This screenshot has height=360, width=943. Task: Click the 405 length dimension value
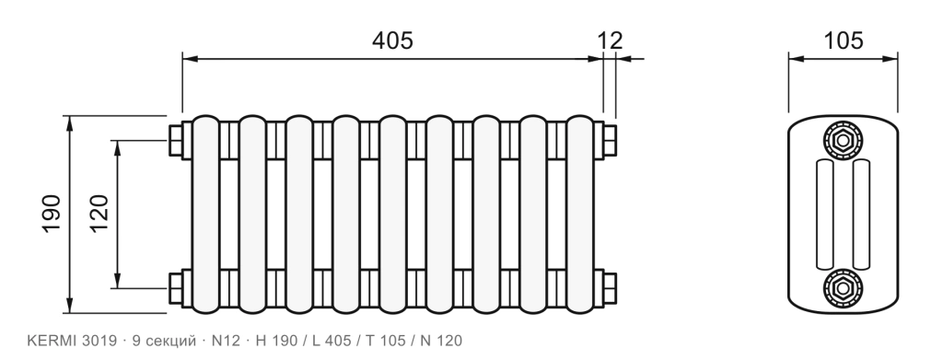(x=392, y=41)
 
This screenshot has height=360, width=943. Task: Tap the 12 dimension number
(x=610, y=41)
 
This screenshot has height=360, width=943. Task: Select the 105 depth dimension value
(x=843, y=41)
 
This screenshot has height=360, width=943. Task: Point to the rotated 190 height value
(x=52, y=214)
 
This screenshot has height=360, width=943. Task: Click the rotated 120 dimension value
(x=99, y=214)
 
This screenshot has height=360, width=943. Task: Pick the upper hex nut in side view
(x=843, y=141)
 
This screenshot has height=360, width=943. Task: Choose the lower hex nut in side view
(x=843, y=288)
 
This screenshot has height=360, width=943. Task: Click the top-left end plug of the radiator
(x=176, y=141)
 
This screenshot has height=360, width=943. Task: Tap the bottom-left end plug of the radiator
(x=176, y=288)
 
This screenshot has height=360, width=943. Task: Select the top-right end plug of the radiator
(x=610, y=141)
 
